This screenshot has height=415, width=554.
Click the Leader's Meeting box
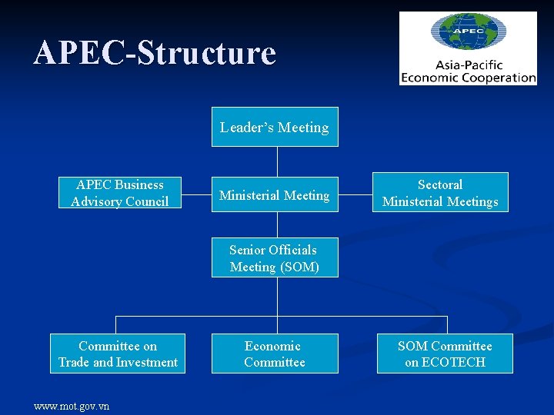[275, 127]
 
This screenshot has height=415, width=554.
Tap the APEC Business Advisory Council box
[120, 193]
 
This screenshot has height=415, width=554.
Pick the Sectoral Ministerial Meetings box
[440, 193]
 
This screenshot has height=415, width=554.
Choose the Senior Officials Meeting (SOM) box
[275, 258]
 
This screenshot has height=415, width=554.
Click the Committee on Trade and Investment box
[118, 354]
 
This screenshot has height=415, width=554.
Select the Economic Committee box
[275, 354]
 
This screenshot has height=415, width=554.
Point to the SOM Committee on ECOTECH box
[445, 354]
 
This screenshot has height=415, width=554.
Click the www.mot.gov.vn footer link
[72, 406]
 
